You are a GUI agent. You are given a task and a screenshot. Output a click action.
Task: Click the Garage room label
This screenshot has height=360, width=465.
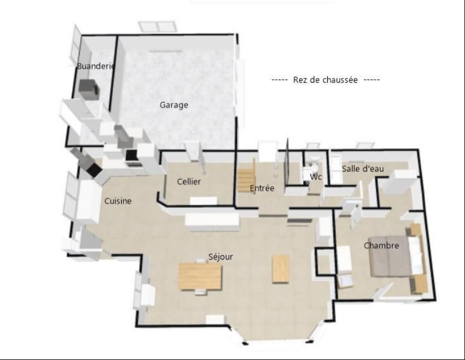pos(174,105)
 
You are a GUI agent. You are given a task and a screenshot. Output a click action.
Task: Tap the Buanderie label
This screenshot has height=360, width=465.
pos(96,66)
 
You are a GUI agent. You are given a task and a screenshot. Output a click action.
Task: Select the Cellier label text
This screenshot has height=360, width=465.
pos(189,181)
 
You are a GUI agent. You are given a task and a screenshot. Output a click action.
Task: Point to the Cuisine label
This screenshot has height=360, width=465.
pos(118,201)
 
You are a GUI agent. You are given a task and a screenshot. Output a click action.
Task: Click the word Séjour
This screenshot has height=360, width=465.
pos(220,257)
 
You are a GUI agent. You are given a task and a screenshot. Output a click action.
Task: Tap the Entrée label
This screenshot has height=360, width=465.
pos(262,188)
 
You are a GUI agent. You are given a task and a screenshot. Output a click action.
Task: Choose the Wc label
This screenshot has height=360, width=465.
pos(316,177)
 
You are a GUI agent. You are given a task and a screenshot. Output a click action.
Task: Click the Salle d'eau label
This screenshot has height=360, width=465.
pos(363,169)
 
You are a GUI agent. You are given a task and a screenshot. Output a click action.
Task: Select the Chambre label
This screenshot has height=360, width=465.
pos(381,246)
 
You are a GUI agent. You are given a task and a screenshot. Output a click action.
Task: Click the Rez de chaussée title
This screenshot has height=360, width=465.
pos(325,80)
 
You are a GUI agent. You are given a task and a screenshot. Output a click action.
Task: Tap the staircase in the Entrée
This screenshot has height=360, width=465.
pos(246,179)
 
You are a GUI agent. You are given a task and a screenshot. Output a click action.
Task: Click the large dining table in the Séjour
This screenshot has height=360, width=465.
pos(200,276)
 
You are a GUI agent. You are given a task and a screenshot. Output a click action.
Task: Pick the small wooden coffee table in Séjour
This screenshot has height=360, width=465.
pos(281,269)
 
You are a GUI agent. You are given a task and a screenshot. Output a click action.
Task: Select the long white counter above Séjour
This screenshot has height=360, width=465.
pos(212,222)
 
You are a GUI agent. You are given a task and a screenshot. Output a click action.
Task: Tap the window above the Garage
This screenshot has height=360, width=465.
pos(157,26)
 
